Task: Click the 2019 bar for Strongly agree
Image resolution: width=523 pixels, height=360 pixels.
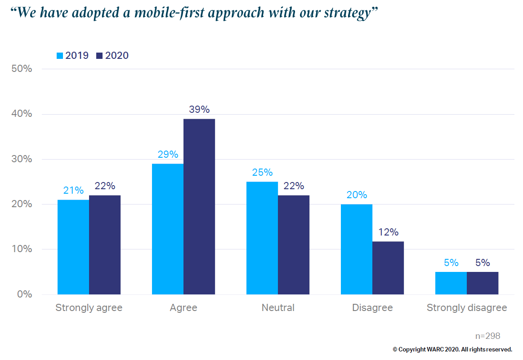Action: click(x=73, y=247)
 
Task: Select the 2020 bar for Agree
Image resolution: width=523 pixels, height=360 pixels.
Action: click(x=199, y=207)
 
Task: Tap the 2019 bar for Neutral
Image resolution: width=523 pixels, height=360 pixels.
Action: click(x=262, y=238)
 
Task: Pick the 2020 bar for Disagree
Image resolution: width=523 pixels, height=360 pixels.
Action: click(x=388, y=268)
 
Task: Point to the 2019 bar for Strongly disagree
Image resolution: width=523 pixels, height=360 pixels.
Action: click(x=451, y=283)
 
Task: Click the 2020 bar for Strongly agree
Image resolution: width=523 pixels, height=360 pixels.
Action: click(x=105, y=245)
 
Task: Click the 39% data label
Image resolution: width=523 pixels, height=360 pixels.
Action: click(x=199, y=110)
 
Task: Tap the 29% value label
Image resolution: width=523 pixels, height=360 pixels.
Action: click(x=168, y=155)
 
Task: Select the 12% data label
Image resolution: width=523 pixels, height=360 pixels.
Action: click(x=388, y=232)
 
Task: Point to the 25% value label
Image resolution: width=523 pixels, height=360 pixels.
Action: click(x=262, y=173)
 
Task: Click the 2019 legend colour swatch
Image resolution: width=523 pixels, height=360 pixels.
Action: click(x=59, y=56)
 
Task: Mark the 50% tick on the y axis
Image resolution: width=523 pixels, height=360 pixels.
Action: click(x=22, y=69)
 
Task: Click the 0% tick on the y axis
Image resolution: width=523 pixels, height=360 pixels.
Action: click(x=24, y=294)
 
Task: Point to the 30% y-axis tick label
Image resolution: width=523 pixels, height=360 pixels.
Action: click(x=22, y=159)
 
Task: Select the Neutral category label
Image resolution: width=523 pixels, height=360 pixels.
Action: click(x=278, y=308)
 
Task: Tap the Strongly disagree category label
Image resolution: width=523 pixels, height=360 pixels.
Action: click(x=467, y=308)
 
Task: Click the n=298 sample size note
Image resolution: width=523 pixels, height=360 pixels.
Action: click(x=487, y=336)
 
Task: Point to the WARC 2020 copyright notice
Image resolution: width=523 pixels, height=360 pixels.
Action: click(x=452, y=349)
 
